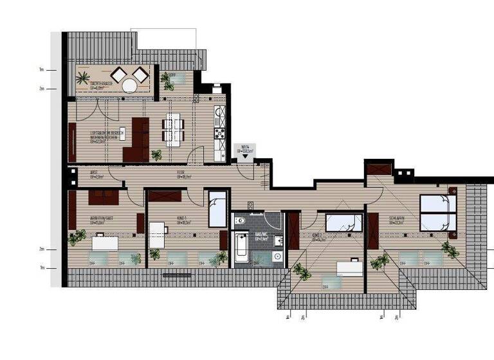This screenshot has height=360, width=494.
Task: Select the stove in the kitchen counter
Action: pos(219,134)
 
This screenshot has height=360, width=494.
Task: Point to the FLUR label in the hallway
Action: pos(182,173)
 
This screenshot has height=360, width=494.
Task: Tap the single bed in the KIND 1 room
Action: pos(217,208)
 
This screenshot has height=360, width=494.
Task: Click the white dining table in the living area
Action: pos(172,127)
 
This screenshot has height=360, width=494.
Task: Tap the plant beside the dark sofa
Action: pos(156,154)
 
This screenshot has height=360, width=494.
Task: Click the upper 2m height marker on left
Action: pos(42,89)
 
